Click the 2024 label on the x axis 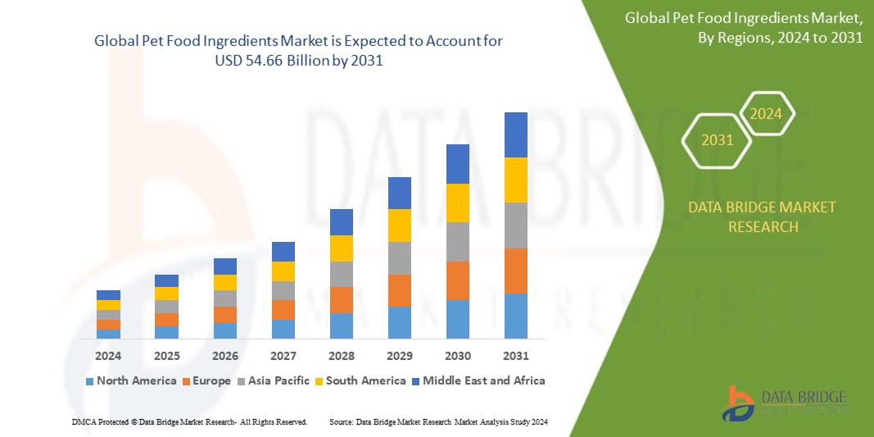pos(108,356)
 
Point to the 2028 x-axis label pos(342,356)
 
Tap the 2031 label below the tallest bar pos(516,356)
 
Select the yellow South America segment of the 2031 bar pos(516,180)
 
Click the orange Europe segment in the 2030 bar pos(458,280)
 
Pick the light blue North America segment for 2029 pos(400,322)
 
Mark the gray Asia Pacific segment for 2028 pos(342,274)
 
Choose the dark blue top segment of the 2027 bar pos(283,252)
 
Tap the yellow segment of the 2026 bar pos(225,282)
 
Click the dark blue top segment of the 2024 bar pos(108,295)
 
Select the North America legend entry pos(130,380)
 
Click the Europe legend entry pos(206,380)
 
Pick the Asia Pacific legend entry pos(274,380)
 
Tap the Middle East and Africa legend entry pos(478,380)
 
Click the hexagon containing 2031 pos(718,141)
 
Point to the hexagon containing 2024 pos(767,114)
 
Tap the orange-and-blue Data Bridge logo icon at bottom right pos(738,403)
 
